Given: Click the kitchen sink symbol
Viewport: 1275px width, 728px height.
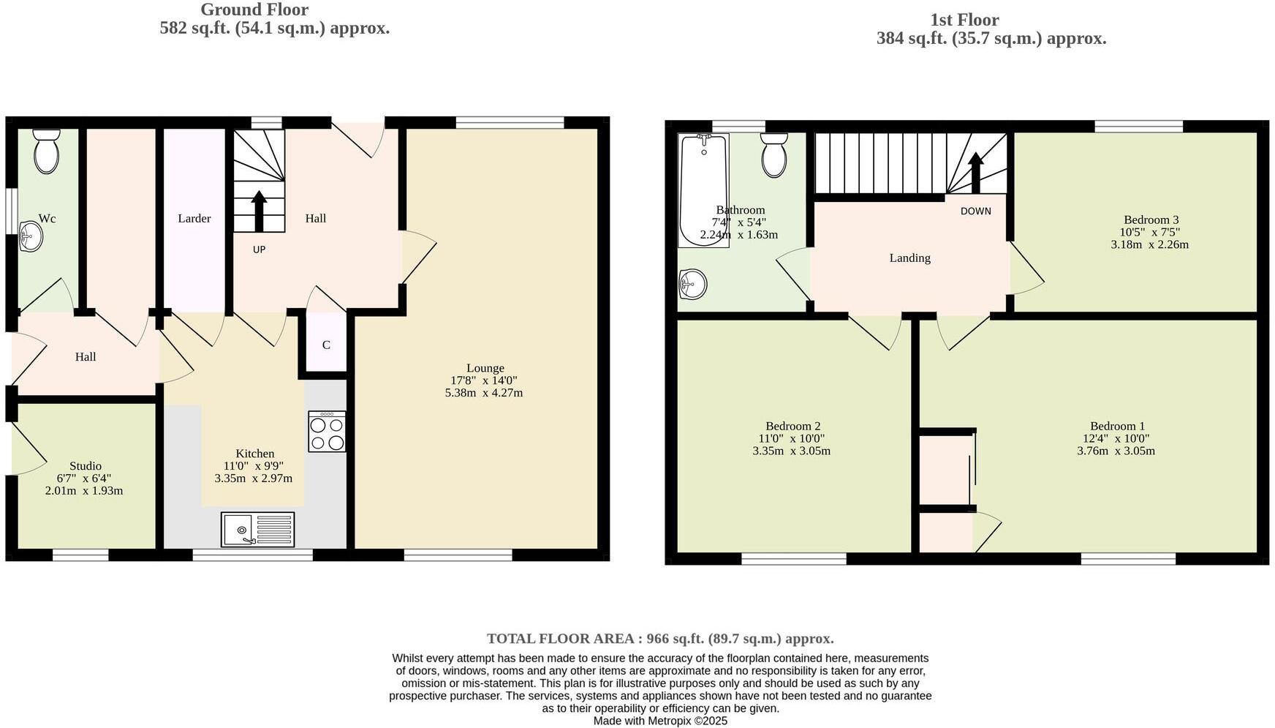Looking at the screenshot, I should click(257, 530).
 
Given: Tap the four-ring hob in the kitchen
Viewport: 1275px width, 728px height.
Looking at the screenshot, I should click(327, 432).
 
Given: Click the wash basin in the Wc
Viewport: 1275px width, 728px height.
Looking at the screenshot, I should click(31, 236).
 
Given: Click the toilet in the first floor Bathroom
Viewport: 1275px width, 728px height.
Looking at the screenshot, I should click(773, 155).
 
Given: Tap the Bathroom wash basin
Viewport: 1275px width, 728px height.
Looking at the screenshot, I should click(692, 284).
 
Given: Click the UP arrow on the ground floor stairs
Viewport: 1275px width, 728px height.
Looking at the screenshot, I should click(259, 211).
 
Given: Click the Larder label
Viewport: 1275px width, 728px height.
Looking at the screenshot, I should click(194, 218).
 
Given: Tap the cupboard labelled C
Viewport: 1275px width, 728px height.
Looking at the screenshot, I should click(326, 345).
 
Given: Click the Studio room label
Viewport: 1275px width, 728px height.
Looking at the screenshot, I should click(86, 466).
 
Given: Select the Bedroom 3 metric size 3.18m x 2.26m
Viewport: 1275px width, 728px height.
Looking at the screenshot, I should click(1149, 244).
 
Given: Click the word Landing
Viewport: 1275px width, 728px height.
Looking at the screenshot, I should click(909, 258).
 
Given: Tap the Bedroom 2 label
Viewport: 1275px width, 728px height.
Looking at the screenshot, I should click(792, 426).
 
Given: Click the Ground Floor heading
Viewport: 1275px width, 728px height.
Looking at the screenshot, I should click(254, 10).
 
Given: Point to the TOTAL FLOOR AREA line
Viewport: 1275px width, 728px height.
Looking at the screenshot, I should click(660, 639).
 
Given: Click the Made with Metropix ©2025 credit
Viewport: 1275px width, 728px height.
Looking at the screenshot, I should click(660, 721).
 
